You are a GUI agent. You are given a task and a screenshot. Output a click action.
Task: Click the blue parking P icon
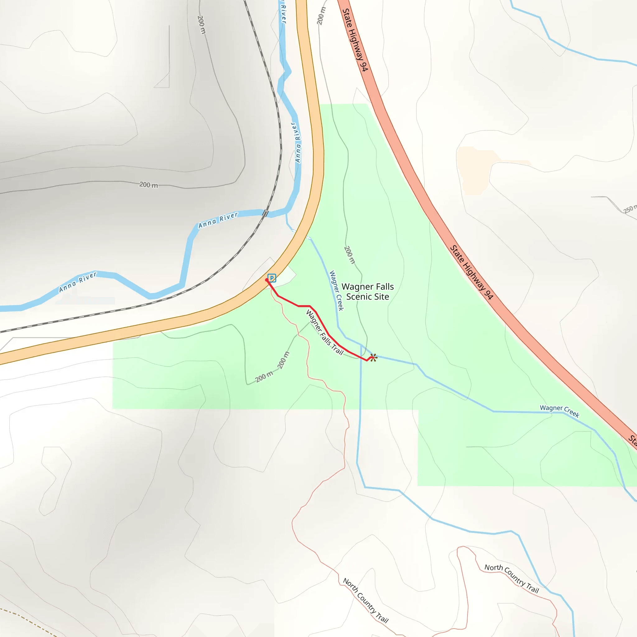[272, 278]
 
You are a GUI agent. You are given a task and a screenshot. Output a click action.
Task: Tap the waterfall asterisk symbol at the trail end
[373, 357]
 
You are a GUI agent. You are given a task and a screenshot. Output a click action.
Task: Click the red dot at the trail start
[267, 280]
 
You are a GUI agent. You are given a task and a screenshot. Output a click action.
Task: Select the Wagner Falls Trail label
[324, 332]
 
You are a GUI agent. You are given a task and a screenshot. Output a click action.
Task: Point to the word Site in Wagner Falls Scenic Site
[381, 297]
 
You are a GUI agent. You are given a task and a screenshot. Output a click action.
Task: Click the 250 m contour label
[629, 209]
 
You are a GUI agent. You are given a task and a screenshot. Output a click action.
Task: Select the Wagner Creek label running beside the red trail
[337, 291]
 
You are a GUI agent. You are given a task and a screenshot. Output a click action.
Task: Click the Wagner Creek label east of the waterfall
[560, 411]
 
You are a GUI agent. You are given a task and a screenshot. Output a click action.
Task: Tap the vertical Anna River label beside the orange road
[298, 142]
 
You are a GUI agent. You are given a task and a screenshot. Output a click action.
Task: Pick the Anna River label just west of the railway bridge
[218, 220]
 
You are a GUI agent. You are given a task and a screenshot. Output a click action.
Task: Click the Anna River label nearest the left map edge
[78, 282]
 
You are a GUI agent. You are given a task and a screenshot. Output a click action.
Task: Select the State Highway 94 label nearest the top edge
[355, 40]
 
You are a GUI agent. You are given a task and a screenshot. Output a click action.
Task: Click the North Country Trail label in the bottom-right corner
[511, 578]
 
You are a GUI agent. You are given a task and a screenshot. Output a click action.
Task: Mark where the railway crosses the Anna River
[265, 213]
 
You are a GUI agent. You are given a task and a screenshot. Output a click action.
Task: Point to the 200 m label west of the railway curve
[148, 185]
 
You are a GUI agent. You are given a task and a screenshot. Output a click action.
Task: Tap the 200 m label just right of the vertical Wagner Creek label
[350, 254]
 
